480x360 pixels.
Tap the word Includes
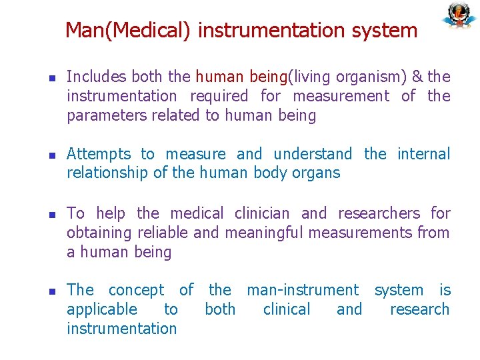[x=95, y=77]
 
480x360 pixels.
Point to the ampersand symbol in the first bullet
[x=417, y=77]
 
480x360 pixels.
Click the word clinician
[x=262, y=213]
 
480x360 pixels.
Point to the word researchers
[x=379, y=213]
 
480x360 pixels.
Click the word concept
[x=136, y=290]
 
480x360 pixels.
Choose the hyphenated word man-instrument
[x=303, y=290]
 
